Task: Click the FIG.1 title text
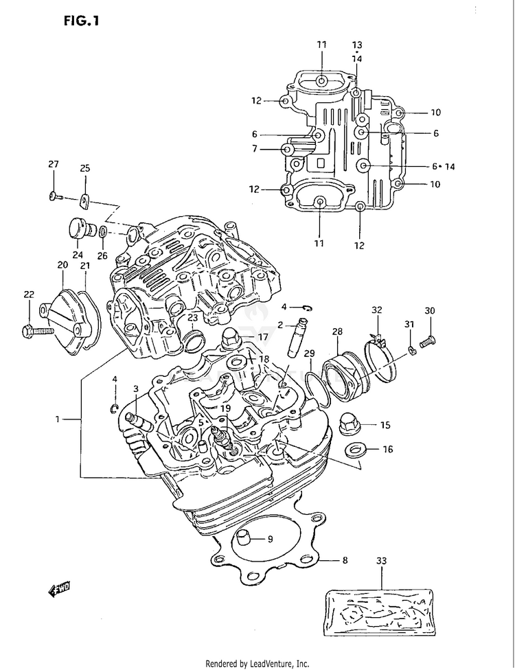[x=82, y=21]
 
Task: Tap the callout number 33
[x=381, y=560]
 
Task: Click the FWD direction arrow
[x=59, y=590]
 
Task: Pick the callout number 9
[x=270, y=540]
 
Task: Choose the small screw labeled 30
[x=427, y=342]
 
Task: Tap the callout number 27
[x=53, y=164]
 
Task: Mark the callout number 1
[x=58, y=419]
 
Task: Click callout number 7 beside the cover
[x=255, y=149]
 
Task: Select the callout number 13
[x=357, y=45]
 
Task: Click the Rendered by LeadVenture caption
[x=257, y=664]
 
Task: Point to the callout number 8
[x=345, y=560]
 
